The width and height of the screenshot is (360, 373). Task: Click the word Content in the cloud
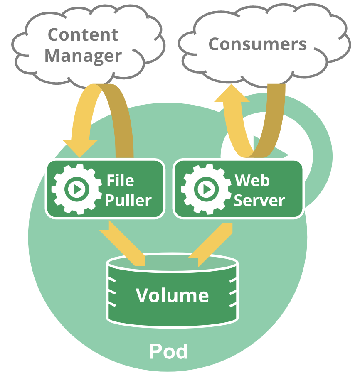click(x=83, y=35)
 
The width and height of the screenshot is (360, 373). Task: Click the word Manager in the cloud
click(x=83, y=56)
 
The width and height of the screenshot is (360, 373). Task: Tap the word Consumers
click(x=257, y=44)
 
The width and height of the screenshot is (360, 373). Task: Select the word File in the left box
click(x=120, y=181)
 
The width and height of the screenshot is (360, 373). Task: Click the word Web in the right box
click(x=252, y=181)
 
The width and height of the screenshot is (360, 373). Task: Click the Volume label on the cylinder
click(x=172, y=295)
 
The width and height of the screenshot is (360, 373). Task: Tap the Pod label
click(x=168, y=351)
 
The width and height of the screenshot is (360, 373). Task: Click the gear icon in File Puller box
click(x=76, y=189)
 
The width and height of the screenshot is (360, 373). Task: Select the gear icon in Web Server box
click(x=206, y=189)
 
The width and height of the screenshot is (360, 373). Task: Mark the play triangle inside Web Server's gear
click(x=207, y=189)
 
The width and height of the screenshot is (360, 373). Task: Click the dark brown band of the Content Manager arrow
click(x=121, y=120)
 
